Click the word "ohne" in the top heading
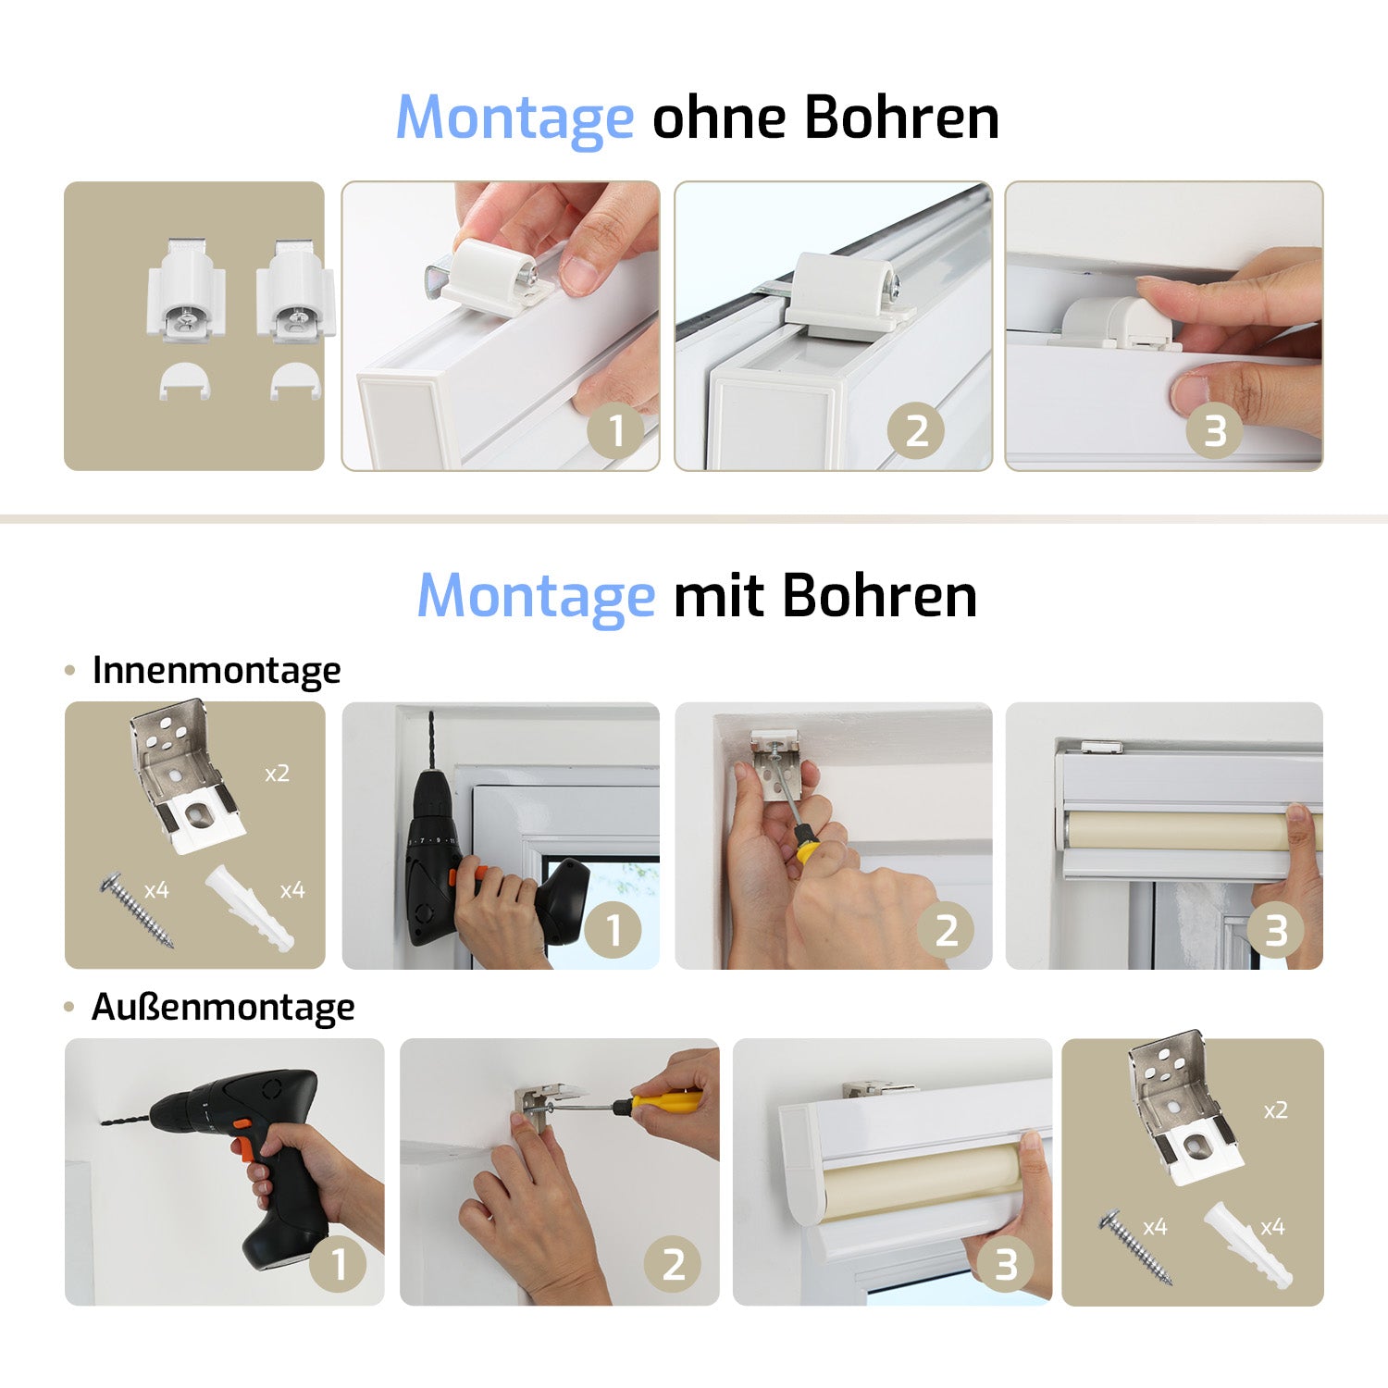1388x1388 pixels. pos(719,118)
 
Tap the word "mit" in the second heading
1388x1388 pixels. pos(718,595)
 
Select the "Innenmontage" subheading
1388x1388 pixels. pos(217,671)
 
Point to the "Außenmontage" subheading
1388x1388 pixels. pos(223,1007)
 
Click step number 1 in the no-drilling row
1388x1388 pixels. pos(616,430)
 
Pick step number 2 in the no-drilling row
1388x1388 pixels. pos(916,430)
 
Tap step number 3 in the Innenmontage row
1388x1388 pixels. pos(1276,930)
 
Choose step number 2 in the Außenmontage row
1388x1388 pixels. pos(674,1264)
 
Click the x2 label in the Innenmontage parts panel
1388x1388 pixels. pos(277,773)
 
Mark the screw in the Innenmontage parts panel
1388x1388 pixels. pos(137,908)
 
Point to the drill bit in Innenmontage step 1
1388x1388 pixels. pos(431,739)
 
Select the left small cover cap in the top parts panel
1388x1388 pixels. pos(185,380)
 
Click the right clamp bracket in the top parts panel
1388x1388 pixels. pos(295,290)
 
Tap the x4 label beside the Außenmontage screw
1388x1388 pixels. pos(1155,1227)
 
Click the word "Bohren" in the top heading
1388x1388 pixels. pos(901,118)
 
